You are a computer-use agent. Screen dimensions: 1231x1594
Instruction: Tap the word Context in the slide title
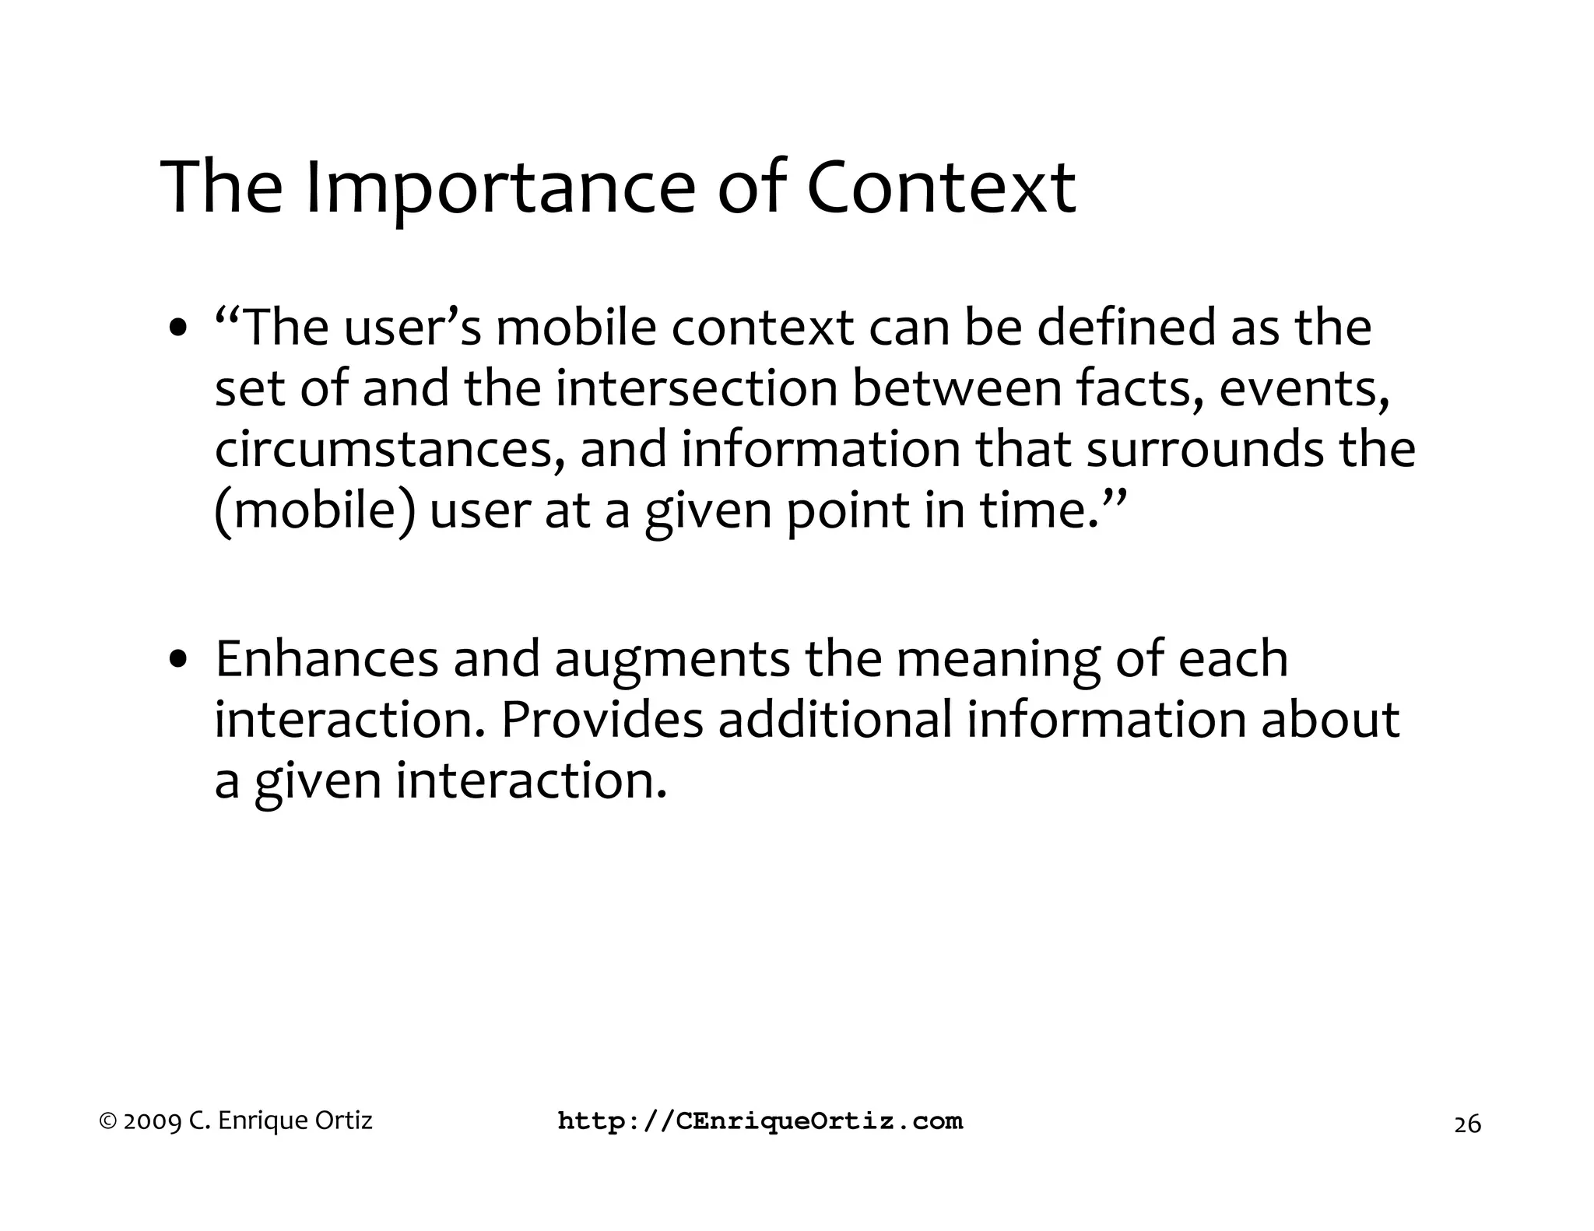pyautogui.click(x=941, y=188)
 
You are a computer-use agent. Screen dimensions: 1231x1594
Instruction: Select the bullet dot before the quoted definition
pyautogui.click(x=178, y=328)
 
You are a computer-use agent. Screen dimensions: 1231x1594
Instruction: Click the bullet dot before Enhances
pyautogui.click(x=178, y=660)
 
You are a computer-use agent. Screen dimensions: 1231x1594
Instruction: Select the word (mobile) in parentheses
pyautogui.click(x=314, y=511)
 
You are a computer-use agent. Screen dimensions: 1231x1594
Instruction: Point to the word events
pyautogui.click(x=1304, y=389)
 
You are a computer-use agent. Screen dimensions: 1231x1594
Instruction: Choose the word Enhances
pyautogui.click(x=327, y=659)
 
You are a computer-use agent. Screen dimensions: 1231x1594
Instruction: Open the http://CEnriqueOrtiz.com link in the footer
pyautogui.click(x=760, y=1121)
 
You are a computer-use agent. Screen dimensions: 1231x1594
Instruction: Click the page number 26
pyautogui.click(x=1467, y=1124)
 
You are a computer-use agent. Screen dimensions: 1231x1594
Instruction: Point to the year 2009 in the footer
pyautogui.click(x=153, y=1121)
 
